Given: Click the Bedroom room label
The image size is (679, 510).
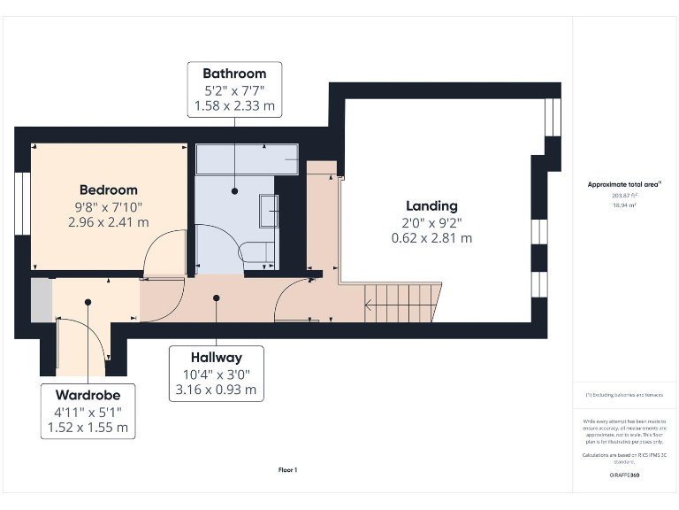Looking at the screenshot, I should point(109,189).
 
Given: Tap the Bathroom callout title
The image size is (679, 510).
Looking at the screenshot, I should point(234,73).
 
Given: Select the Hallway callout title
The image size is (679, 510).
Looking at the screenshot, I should point(217,358).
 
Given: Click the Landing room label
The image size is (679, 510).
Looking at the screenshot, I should point(431,205).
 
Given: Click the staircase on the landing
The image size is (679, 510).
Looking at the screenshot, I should point(403,303).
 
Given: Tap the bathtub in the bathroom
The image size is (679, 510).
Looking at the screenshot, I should point(247,160).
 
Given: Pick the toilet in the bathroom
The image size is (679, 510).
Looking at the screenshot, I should point(258,251).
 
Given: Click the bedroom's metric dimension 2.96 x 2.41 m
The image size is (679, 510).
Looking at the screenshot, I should point(109,222).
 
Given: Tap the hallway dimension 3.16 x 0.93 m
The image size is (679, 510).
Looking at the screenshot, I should point(217,390).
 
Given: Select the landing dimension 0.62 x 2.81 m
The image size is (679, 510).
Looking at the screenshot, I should point(431,238).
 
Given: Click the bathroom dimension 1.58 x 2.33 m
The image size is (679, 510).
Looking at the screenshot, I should point(234,106).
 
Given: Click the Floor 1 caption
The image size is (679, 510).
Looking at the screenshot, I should point(287,470).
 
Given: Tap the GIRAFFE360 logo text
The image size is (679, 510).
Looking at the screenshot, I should point(624,475).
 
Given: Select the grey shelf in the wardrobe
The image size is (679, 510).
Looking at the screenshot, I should point(41,300).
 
